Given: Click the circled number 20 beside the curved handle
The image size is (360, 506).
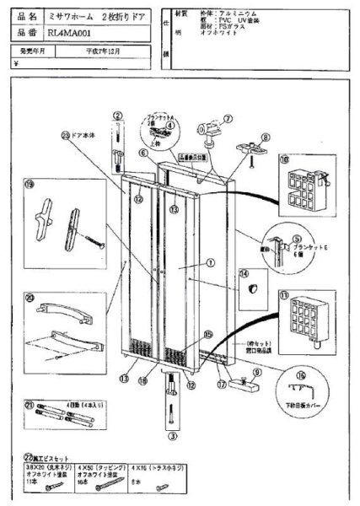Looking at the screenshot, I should point(30,297).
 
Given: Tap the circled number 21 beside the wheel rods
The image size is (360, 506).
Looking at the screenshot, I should point(30,405).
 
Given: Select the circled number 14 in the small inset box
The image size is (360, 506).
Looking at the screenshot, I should point(245,274).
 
